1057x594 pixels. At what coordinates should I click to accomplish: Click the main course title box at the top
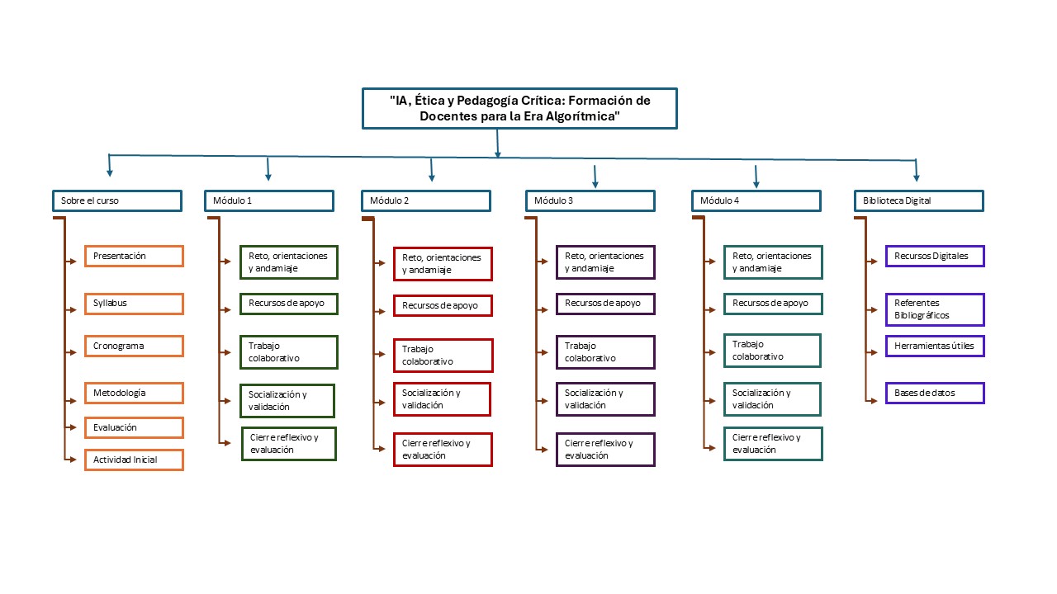coord(519,108)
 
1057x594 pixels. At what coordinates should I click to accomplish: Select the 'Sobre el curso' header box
coord(116,200)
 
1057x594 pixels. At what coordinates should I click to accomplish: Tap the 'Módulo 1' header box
coord(269,200)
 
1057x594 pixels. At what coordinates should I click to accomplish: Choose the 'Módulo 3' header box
coord(590,200)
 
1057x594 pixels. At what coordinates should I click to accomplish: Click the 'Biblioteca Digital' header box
coord(918,200)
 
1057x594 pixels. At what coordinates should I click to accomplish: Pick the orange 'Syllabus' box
coord(134,304)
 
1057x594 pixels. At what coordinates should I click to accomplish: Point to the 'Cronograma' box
coord(134,346)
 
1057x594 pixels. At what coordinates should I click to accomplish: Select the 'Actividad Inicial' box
coord(134,460)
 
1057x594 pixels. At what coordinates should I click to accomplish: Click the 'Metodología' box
coord(134,393)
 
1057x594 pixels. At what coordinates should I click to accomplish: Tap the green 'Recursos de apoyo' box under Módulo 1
coord(288,303)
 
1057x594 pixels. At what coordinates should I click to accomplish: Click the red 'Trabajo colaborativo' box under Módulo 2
coord(443,356)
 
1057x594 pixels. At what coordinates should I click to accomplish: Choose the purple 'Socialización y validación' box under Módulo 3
coord(605,399)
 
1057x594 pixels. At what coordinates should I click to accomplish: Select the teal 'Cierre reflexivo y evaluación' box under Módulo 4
coord(773,444)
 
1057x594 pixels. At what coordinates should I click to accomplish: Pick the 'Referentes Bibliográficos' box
coord(935,309)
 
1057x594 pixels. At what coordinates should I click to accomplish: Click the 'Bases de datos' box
coord(935,393)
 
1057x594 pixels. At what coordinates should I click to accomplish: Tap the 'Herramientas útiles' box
coord(935,346)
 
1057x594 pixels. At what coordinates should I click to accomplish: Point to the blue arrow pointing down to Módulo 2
coord(431,171)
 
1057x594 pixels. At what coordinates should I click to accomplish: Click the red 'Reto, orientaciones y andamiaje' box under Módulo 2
coord(443,264)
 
